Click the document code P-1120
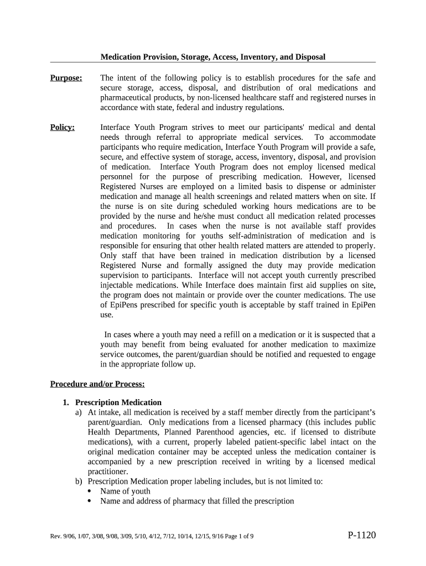[x=361, y=535]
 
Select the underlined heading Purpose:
[x=66, y=78]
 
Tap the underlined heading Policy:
[x=62, y=128]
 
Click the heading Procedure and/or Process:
[x=97, y=384]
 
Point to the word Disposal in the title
[x=310, y=57]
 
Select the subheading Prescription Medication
[x=118, y=402]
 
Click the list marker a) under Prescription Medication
[x=79, y=412]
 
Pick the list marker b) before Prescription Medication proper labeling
[x=79, y=481]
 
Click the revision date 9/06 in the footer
[x=70, y=536]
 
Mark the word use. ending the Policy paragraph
[x=106, y=315]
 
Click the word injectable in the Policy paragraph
[x=118, y=285]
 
